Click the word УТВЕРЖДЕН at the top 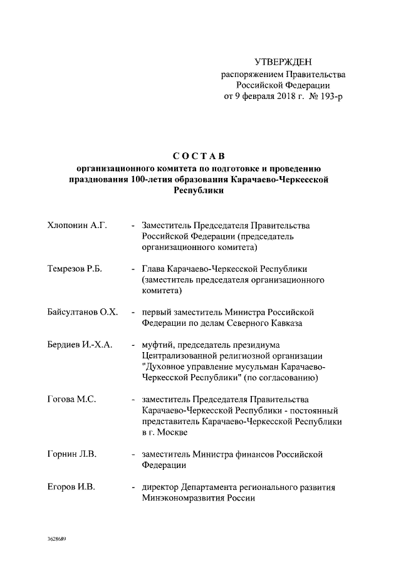[283, 61]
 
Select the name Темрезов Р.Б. [74, 269]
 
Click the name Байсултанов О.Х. [82, 312]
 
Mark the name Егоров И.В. [70, 487]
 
